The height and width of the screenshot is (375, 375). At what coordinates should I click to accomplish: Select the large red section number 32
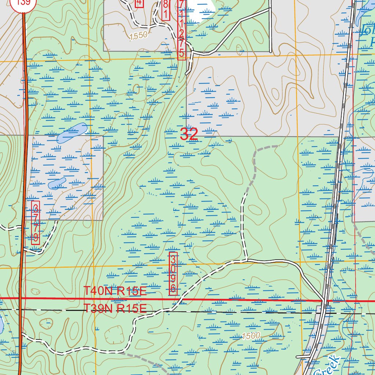[189, 134]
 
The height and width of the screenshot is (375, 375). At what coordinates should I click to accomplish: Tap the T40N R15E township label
[115, 292]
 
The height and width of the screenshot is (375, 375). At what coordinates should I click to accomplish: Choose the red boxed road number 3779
[36, 222]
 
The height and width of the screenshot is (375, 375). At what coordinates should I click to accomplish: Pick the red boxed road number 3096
[173, 273]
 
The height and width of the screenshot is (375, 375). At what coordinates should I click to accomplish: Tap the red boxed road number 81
[166, 10]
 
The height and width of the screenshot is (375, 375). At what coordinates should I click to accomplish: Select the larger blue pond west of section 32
[72, 132]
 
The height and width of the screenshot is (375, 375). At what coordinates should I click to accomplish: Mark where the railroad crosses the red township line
[324, 301]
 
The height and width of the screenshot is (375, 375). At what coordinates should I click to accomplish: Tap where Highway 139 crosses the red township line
[21, 298]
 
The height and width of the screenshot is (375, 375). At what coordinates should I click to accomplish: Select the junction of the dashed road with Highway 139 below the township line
[22, 334]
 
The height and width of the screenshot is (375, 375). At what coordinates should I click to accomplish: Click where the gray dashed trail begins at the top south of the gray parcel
[275, 146]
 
